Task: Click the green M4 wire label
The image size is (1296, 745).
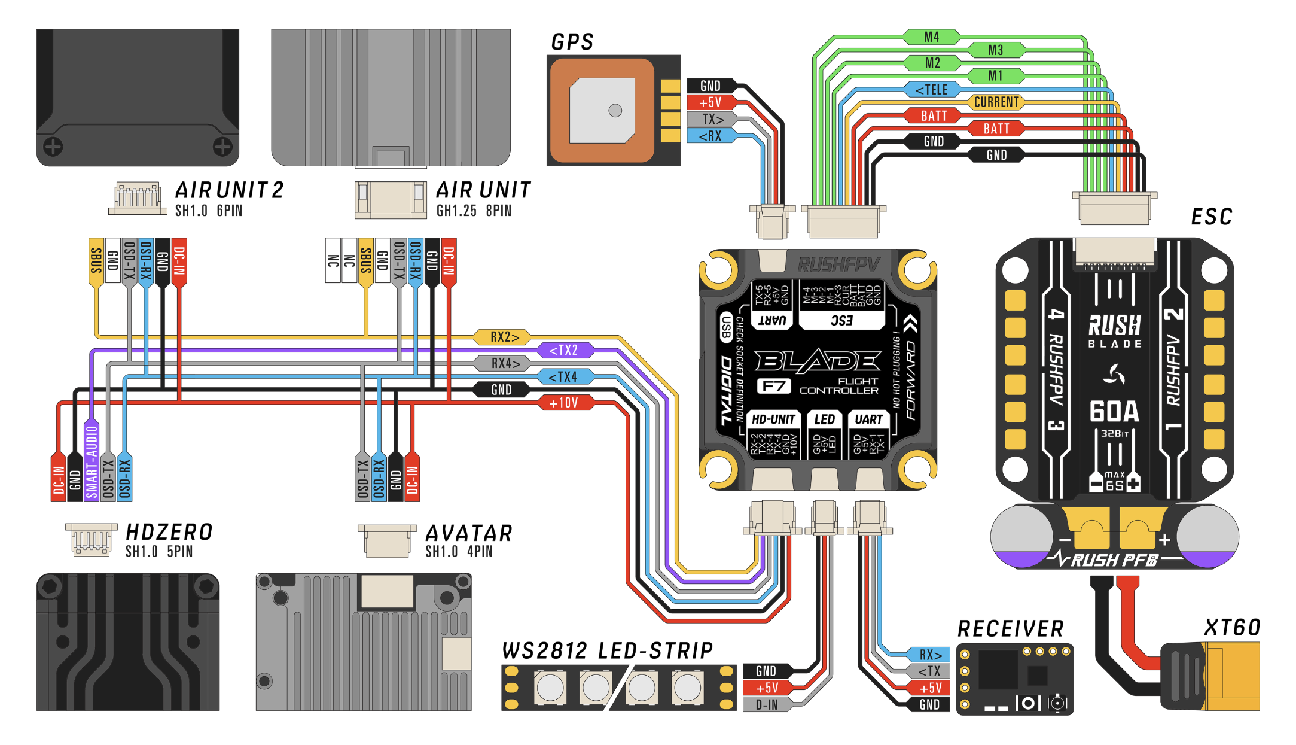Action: (x=931, y=37)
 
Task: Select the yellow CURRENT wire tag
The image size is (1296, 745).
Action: (x=996, y=102)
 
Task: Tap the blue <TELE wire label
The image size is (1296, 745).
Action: (x=932, y=90)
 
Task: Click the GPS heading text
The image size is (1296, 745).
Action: (x=572, y=42)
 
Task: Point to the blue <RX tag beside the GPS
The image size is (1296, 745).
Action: (x=710, y=136)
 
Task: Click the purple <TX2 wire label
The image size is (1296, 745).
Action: (x=563, y=350)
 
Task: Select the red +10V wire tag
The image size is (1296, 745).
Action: (x=563, y=403)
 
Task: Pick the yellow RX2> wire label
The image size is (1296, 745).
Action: (x=504, y=337)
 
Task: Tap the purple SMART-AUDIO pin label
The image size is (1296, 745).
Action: (x=92, y=461)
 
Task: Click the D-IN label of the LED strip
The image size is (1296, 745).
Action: (x=767, y=705)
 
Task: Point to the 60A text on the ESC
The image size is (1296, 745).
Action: (x=1114, y=412)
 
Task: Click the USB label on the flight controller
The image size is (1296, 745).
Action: (x=726, y=327)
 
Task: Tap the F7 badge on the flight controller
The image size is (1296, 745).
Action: (x=774, y=386)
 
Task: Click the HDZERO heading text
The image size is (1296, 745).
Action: (x=169, y=532)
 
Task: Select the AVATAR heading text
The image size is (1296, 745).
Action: (x=469, y=533)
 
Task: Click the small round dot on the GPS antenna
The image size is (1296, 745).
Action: (x=615, y=110)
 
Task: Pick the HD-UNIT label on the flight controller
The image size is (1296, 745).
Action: (x=773, y=419)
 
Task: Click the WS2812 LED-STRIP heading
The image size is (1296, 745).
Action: (x=607, y=650)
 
